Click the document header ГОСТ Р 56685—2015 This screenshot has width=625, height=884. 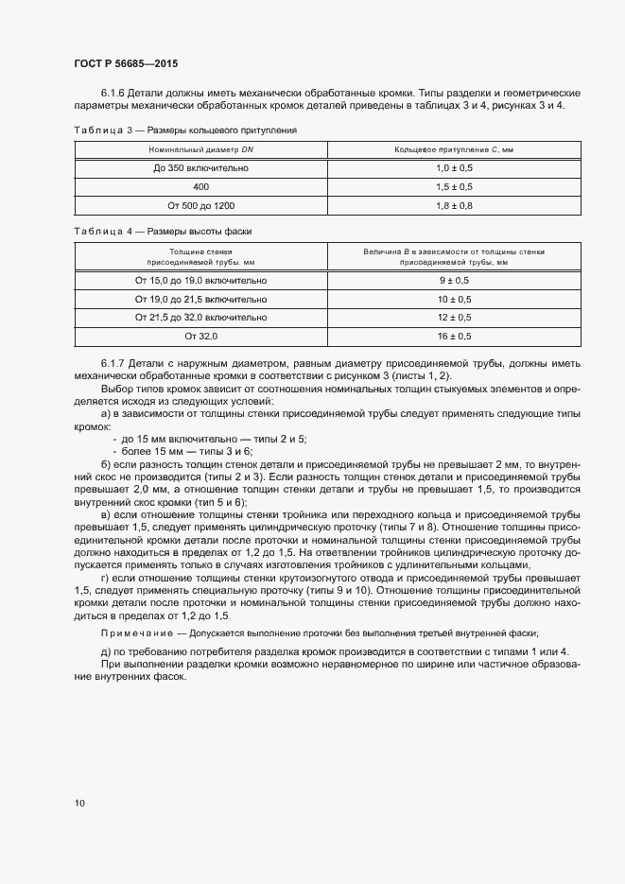[x=126, y=63]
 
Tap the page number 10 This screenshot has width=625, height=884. [x=79, y=803]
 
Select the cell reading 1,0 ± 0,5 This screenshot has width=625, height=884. [x=454, y=167]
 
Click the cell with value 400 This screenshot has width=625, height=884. [x=200, y=186]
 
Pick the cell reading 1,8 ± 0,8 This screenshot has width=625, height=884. [x=454, y=205]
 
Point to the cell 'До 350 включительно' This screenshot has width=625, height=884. [x=200, y=167]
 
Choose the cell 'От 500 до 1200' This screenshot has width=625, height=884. [x=200, y=205]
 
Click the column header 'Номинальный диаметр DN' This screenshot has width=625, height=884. [x=200, y=149]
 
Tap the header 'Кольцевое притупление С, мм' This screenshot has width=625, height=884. [x=454, y=149]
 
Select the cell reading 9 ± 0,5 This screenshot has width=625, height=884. [x=454, y=281]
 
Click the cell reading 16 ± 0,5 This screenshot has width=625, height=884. [x=454, y=336]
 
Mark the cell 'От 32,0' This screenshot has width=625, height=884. [x=200, y=336]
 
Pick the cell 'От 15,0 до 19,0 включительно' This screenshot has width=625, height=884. [x=200, y=281]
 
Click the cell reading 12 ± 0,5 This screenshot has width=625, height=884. [x=454, y=318]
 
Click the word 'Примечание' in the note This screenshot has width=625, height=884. [x=136, y=632]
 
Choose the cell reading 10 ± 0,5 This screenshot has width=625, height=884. [x=454, y=299]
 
